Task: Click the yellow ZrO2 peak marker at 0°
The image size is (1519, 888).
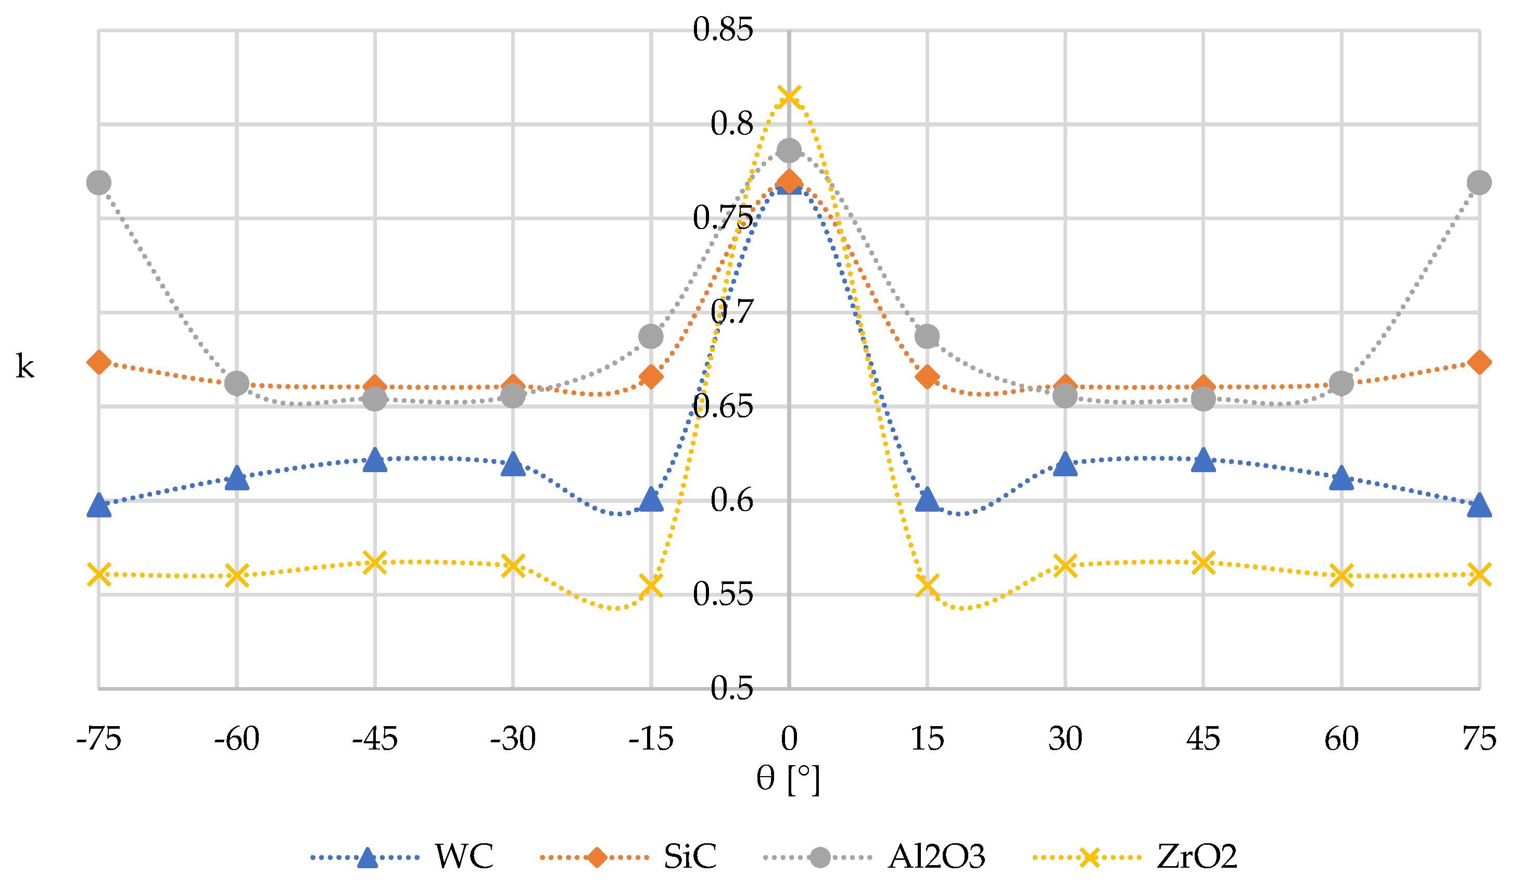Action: tap(789, 96)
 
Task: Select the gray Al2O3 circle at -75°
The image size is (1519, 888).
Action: tap(99, 182)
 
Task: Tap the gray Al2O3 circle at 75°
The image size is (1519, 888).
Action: tap(1479, 182)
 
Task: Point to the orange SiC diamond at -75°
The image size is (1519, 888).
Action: tap(99, 362)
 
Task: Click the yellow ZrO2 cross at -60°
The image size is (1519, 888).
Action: tap(237, 575)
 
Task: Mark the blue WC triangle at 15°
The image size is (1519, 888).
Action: tap(927, 500)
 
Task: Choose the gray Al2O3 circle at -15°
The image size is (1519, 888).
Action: tap(651, 336)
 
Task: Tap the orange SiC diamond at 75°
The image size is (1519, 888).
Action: tap(1479, 362)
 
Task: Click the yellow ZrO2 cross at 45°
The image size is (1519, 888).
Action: tap(1203, 563)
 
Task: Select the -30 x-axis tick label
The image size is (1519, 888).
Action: tap(513, 739)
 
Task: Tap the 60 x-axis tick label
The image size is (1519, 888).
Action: tap(1341, 739)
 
